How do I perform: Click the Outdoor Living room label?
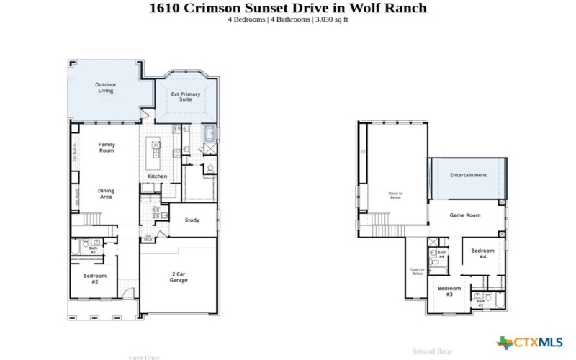[x=106, y=88]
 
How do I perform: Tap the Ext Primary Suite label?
[x=185, y=96]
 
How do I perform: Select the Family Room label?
[x=107, y=148]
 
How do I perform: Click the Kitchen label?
[x=157, y=176]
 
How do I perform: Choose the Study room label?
[x=192, y=220]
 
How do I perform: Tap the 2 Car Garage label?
[x=179, y=277]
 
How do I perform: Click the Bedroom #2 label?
[x=95, y=279]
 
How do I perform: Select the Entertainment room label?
[x=468, y=175]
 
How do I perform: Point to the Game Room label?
[x=464, y=215]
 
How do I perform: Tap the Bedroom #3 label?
[x=449, y=292]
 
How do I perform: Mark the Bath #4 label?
[x=441, y=255]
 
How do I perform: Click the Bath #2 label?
[x=93, y=251]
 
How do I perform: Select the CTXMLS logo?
[x=529, y=342]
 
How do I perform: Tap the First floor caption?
[x=144, y=357]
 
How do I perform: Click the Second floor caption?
[x=431, y=351]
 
